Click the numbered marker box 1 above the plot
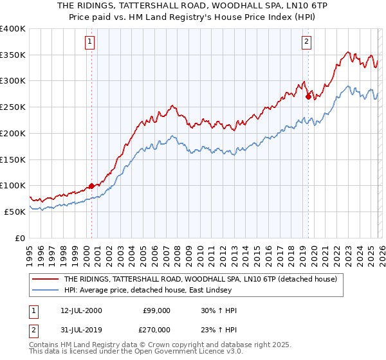89,42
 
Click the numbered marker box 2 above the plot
306,42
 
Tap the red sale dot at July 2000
91,186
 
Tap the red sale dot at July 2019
308,96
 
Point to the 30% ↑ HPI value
219,310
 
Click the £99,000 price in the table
156,310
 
